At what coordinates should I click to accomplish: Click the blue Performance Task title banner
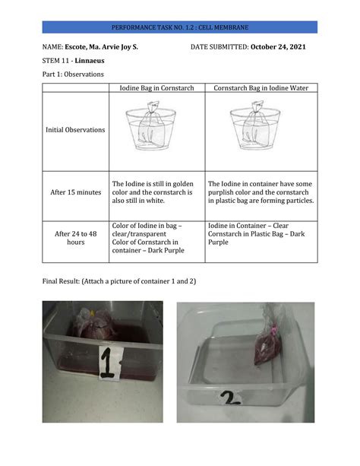pos(180,27)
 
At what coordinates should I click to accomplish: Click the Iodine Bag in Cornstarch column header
pos(156,88)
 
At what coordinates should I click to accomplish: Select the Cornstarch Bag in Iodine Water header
pos(261,88)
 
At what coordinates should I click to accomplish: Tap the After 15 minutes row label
pos(75,192)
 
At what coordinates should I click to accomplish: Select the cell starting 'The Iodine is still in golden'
pos(156,192)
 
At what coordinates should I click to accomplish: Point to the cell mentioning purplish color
pos(261,192)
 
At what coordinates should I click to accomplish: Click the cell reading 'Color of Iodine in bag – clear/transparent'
pos(156,238)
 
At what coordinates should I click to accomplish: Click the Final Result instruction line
pos(118,281)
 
